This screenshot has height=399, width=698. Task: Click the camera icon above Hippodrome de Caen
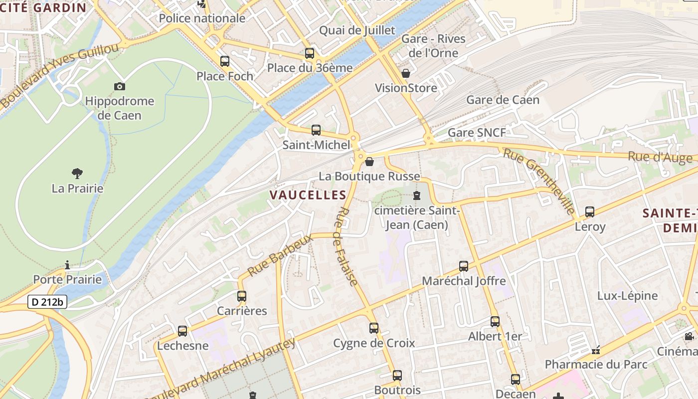click(x=119, y=86)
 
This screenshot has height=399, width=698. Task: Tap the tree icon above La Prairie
click(x=77, y=174)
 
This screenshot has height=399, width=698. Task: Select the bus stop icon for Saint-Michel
click(x=316, y=130)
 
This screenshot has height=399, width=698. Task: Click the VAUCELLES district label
click(x=308, y=195)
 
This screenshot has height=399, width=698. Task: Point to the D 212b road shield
click(x=47, y=302)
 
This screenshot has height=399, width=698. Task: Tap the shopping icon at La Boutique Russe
click(x=369, y=162)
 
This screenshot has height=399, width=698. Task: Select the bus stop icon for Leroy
click(x=590, y=212)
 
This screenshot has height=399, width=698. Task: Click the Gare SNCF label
click(x=477, y=133)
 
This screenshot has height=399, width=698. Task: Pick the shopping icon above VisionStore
click(x=406, y=73)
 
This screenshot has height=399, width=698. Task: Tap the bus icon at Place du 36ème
click(x=310, y=53)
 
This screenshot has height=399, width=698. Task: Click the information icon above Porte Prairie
click(x=67, y=265)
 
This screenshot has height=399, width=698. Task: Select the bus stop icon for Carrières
click(x=242, y=296)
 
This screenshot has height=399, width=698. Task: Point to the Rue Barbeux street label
click(x=280, y=255)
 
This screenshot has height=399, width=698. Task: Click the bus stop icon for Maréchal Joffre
click(x=464, y=266)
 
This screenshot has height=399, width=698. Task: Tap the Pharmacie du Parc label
click(x=596, y=364)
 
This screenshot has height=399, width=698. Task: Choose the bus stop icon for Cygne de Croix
click(x=374, y=328)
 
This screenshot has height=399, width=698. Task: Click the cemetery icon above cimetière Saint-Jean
click(x=417, y=196)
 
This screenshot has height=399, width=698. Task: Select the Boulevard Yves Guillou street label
click(x=60, y=75)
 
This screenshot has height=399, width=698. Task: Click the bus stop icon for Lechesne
click(x=182, y=331)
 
